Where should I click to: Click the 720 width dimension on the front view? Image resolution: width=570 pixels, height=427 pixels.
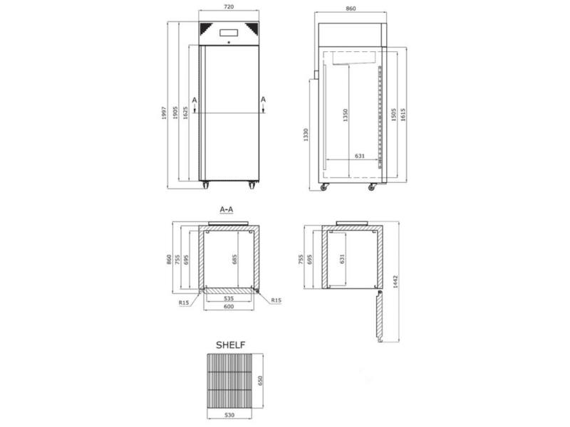click(229, 6)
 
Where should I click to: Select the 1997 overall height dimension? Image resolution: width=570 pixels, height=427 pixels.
click(164, 113)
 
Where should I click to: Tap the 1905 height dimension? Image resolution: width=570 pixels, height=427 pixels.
click(175, 113)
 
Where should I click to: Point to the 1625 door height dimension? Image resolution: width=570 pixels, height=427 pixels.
click(185, 113)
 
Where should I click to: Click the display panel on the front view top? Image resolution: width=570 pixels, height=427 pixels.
click(229, 33)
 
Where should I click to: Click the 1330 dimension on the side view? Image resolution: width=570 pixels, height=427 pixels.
click(306, 135)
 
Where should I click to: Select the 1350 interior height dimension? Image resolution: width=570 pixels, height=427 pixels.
click(346, 115)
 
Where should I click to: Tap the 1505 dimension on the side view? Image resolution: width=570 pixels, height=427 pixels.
click(393, 115)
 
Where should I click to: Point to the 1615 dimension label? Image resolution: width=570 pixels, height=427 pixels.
click(403, 115)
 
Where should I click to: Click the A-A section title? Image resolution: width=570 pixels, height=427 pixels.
click(227, 209)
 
